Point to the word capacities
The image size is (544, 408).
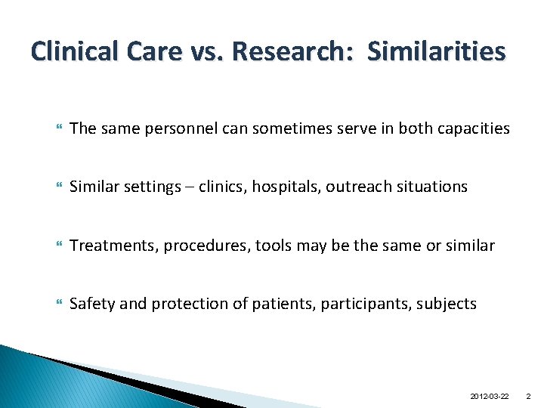tap(470, 128)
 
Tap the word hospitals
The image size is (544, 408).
tap(289, 187)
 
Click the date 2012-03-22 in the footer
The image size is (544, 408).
tap(489, 396)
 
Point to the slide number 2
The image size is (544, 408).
tap(528, 396)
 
